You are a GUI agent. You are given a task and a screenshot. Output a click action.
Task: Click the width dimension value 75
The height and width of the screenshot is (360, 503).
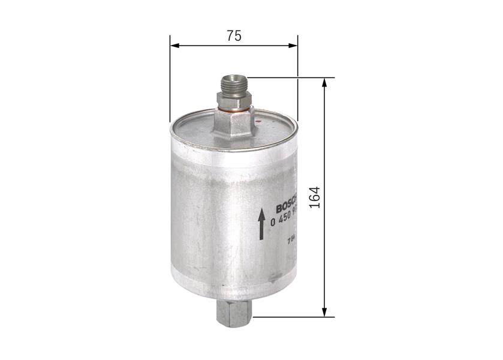234,36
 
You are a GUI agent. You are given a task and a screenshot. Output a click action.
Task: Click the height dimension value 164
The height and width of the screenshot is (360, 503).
316,197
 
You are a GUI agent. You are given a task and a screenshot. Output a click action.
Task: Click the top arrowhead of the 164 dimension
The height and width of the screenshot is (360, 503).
324,83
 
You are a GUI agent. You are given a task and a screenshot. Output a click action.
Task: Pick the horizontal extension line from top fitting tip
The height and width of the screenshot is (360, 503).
288,77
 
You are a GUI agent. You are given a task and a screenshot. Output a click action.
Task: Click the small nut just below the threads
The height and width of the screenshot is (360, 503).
234,99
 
